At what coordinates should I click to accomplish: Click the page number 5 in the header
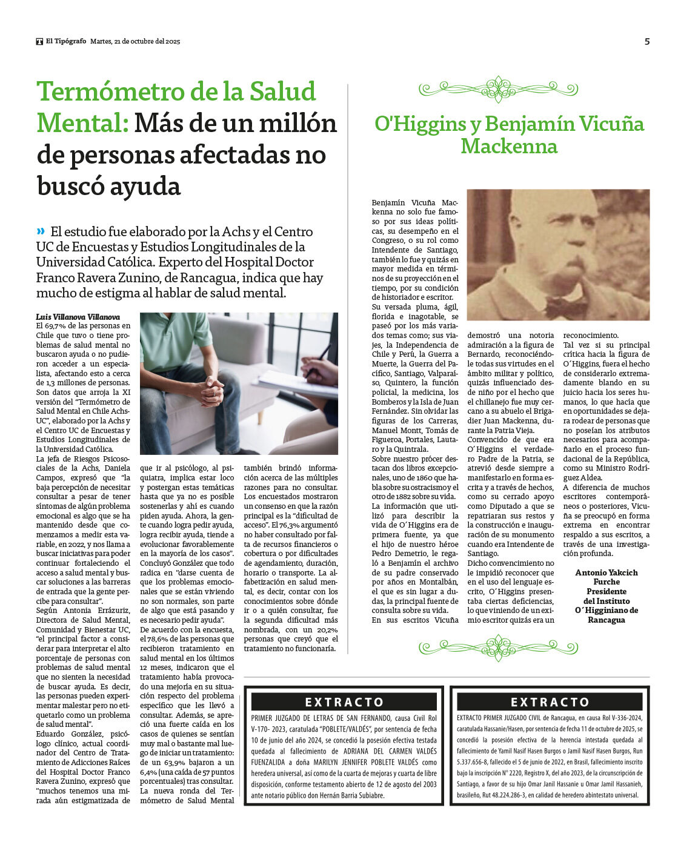click(x=646, y=41)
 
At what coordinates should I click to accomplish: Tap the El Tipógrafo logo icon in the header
click(x=39, y=42)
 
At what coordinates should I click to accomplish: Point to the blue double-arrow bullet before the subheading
click(x=41, y=231)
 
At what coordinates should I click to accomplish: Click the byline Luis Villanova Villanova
click(x=78, y=317)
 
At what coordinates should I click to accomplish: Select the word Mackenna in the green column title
click(x=508, y=147)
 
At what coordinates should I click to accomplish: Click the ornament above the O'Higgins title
click(x=497, y=90)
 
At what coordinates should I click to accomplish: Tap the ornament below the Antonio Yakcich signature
click(x=497, y=648)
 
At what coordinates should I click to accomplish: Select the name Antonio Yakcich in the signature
click(x=606, y=572)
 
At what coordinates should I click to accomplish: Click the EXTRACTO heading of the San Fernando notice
click(x=344, y=702)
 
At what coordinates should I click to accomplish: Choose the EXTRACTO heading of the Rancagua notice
click(x=550, y=702)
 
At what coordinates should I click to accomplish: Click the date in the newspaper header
click(x=135, y=42)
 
